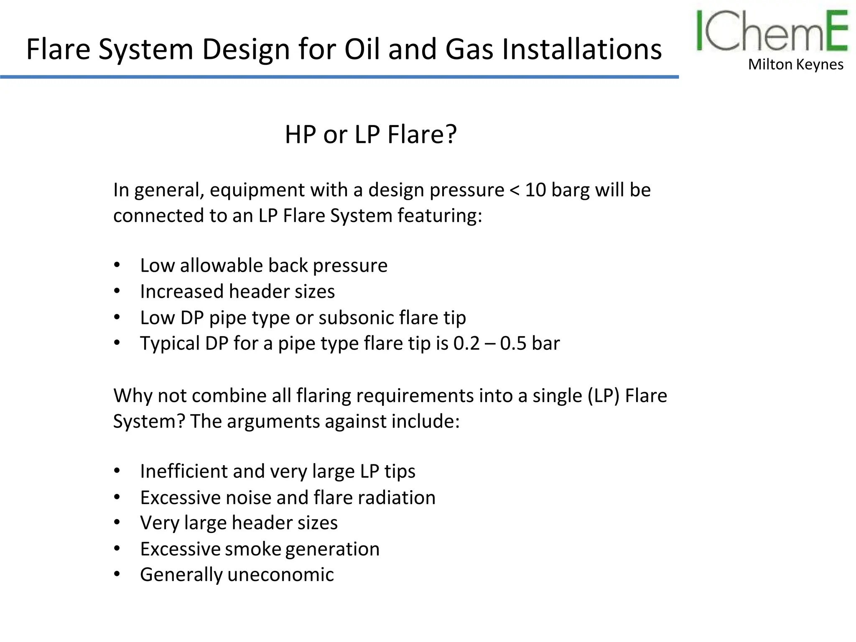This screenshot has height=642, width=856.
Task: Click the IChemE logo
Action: pyautogui.click(x=772, y=31)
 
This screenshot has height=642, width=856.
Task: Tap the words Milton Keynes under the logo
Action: pyautogui.click(x=795, y=64)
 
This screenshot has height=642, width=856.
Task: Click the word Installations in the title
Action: pyautogui.click(x=581, y=49)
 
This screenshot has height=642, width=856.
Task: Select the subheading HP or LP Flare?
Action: pyautogui.click(x=371, y=135)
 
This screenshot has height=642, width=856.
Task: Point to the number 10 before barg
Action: pyautogui.click(x=535, y=190)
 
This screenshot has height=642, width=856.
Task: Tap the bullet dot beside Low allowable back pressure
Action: pyautogui.click(x=117, y=265)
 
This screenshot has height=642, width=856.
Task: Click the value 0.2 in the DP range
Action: pyautogui.click(x=466, y=344)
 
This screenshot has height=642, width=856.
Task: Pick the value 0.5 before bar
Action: pyautogui.click(x=513, y=344)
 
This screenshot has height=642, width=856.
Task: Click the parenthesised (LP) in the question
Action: pyautogui.click(x=603, y=396)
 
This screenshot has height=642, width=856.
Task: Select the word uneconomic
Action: pyautogui.click(x=280, y=575)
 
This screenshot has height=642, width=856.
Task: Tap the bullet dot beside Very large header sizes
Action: pyautogui.click(x=117, y=522)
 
